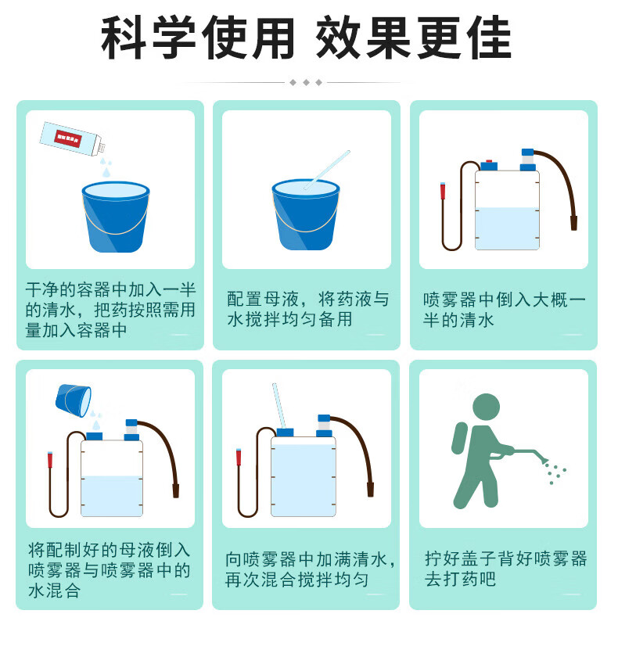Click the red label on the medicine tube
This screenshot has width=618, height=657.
coord(67,138)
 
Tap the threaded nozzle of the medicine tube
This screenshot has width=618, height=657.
coord(102,148)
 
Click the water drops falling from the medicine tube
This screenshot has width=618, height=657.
coord(106,167)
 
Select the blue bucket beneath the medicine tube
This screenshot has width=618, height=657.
coord(116,217)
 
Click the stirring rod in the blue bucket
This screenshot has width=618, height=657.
coord(327,170)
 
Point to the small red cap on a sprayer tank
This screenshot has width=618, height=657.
coord(489,161)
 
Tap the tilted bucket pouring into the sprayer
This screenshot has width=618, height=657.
coord(74,400)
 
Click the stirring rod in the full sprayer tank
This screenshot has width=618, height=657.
coord(278,406)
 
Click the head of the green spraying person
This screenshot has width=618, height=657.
coord(486,407)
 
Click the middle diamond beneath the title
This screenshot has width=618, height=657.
coord(306,83)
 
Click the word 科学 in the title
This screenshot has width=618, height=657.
coord(149,38)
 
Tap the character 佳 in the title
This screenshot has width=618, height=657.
coord(489,38)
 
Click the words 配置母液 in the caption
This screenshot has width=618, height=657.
coord(263,299)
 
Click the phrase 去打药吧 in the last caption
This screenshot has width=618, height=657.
coord(460,579)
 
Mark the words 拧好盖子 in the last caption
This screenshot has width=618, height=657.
coord(460,558)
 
